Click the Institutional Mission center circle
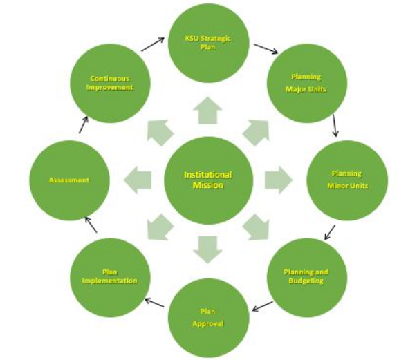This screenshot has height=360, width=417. [x=207, y=180]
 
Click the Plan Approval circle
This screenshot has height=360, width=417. [x=207, y=317]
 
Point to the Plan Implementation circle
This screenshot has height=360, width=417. [x=109, y=276]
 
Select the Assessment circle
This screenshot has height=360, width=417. [x=68, y=180]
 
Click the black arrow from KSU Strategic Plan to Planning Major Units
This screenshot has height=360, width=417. [x=265, y=49]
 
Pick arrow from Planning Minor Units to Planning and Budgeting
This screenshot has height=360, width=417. [x=330, y=231]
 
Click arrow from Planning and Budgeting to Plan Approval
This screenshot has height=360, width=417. [x=261, y=306]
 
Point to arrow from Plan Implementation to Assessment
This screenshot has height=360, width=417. [x=91, y=224]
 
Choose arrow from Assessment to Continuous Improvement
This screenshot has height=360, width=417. [x=83, y=125]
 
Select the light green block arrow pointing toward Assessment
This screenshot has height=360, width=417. [x=138, y=180]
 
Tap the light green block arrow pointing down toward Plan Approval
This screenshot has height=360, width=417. [x=207, y=249]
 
